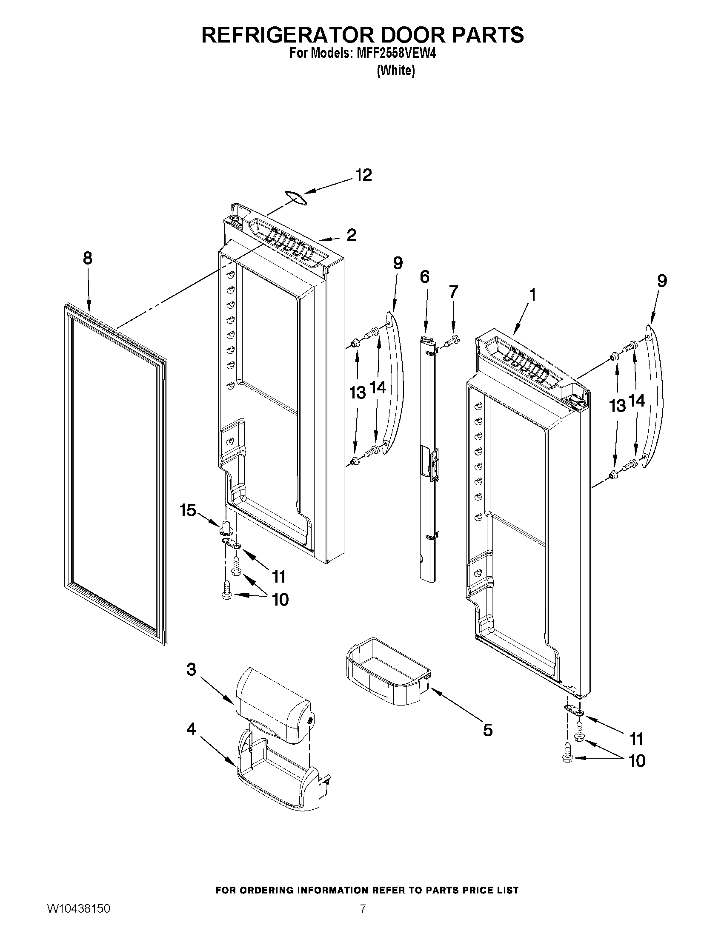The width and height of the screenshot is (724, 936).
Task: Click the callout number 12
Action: pos(363,175)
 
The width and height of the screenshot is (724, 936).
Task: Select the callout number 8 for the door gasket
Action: pos(88,259)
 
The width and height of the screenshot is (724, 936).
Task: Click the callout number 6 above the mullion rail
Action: pos(424,277)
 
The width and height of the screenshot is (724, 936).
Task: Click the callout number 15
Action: pos(188,510)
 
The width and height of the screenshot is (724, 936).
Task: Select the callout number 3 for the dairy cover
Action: pos(191,669)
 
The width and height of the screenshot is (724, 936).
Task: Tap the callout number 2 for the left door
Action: pos(351,235)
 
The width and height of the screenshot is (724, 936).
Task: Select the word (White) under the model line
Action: pos(395,71)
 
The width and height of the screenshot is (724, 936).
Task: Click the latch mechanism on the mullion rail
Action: pos(435,462)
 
